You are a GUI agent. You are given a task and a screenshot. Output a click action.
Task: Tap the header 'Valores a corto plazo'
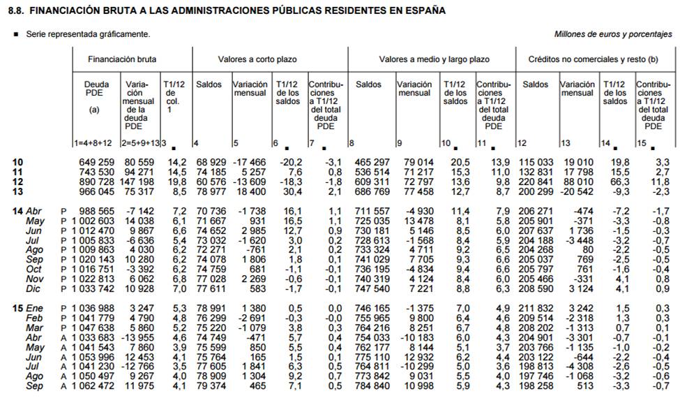point(257,60)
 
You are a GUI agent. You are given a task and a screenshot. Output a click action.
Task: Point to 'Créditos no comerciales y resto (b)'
point(594,60)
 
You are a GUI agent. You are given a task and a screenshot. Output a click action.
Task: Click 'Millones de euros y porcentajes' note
point(613,34)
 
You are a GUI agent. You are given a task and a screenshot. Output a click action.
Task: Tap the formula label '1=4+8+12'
point(93,143)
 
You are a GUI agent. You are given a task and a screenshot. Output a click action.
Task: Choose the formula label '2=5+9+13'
point(139,143)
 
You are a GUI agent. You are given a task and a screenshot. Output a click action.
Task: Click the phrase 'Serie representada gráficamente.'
point(88,34)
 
